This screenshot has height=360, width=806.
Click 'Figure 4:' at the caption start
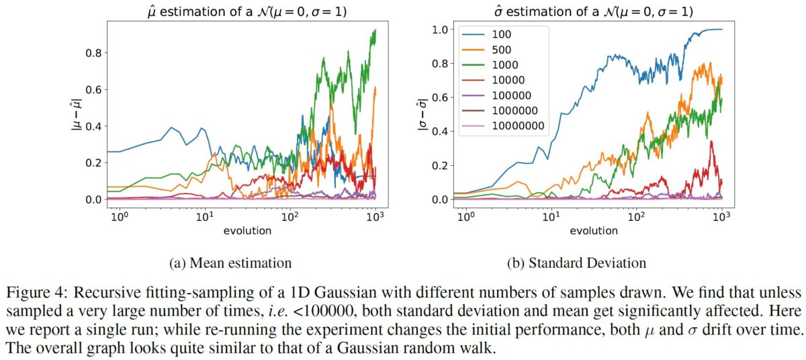coord(33,294)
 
